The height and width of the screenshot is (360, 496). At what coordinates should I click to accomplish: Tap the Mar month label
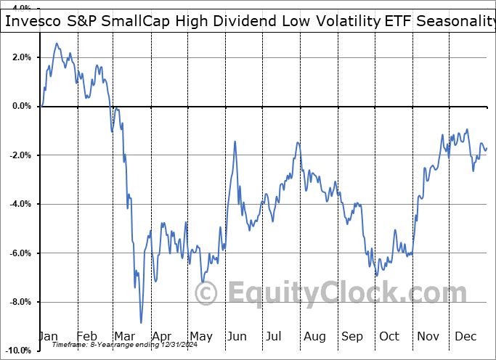tap(125, 336)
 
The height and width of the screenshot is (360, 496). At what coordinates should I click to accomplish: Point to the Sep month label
tap(352, 336)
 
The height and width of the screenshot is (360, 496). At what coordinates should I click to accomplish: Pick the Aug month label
tap(314, 336)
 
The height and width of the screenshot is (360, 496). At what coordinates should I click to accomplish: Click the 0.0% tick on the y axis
tap(19, 106)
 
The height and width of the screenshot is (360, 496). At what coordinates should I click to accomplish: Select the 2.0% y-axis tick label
tap(19, 57)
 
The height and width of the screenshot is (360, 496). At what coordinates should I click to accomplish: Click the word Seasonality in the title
tap(455, 21)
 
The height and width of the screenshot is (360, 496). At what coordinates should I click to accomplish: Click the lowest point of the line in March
tap(141, 323)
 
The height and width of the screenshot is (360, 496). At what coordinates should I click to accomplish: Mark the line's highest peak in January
tap(56, 44)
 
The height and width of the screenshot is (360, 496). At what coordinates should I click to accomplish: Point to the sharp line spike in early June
tap(235, 142)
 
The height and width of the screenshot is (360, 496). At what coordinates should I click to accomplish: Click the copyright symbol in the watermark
tap(207, 293)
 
